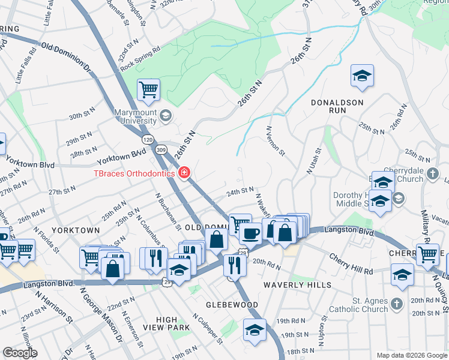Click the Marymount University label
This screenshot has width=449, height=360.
click(x=136, y=116)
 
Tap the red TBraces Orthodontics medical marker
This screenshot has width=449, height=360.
click(x=184, y=173)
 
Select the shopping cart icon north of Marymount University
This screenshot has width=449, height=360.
click(x=148, y=91)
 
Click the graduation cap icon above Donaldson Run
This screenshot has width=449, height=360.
click(x=362, y=76)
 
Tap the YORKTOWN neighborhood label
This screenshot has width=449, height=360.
click(x=76, y=230)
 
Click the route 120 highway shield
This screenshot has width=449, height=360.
click(x=147, y=139)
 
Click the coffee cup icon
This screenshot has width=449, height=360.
click(x=250, y=232)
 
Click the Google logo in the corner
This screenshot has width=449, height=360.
click(x=20, y=353)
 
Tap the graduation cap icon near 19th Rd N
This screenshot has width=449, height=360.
click(x=255, y=331)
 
